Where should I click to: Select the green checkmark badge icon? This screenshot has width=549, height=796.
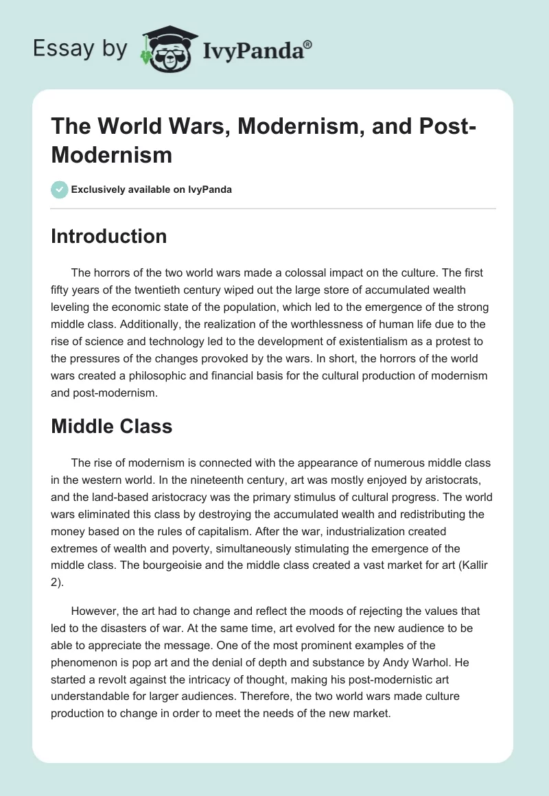[x=60, y=189]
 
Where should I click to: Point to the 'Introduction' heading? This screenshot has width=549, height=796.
[x=109, y=236]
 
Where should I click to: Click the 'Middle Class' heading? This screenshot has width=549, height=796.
[x=112, y=426]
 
